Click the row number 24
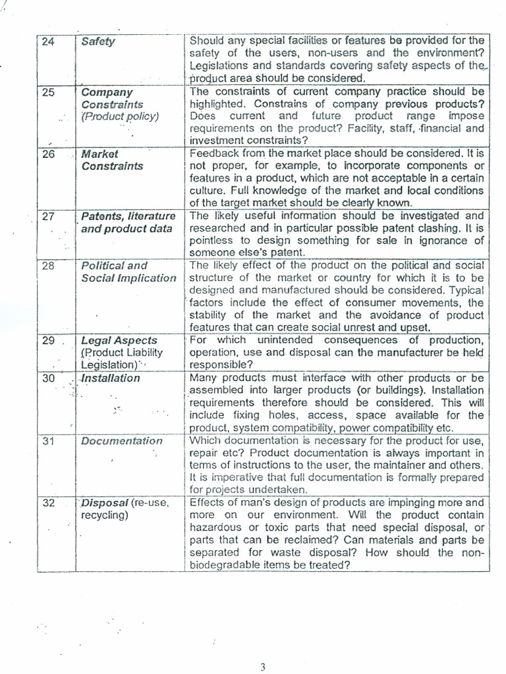48,41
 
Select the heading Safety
98,41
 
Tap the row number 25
48,92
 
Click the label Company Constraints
112,98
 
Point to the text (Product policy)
120,117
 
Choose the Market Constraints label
112,160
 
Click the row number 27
48,216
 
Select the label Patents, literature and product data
128,222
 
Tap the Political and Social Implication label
128,272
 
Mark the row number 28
48,266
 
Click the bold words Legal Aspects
119,340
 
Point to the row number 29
48,340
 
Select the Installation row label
110,378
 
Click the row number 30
48,378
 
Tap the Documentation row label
121,441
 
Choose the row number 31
48,441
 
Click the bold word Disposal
104,503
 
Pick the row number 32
48,503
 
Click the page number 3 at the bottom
262,667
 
